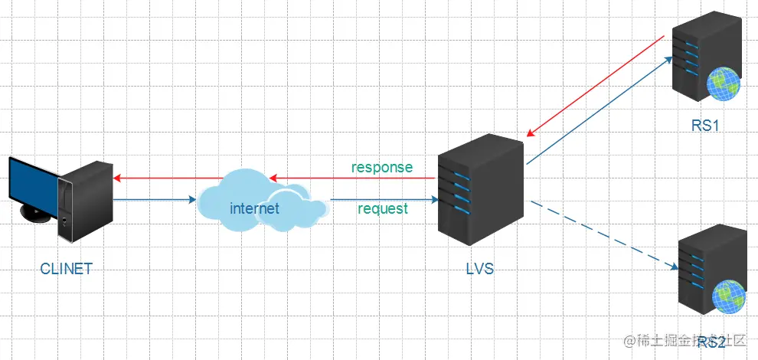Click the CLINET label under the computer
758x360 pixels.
[67, 268]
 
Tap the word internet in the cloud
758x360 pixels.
[254, 208]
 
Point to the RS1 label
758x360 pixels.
[704, 126]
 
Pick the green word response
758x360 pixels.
[381, 167]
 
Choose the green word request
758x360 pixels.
[382, 208]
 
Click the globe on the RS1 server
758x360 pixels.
[723, 83]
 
